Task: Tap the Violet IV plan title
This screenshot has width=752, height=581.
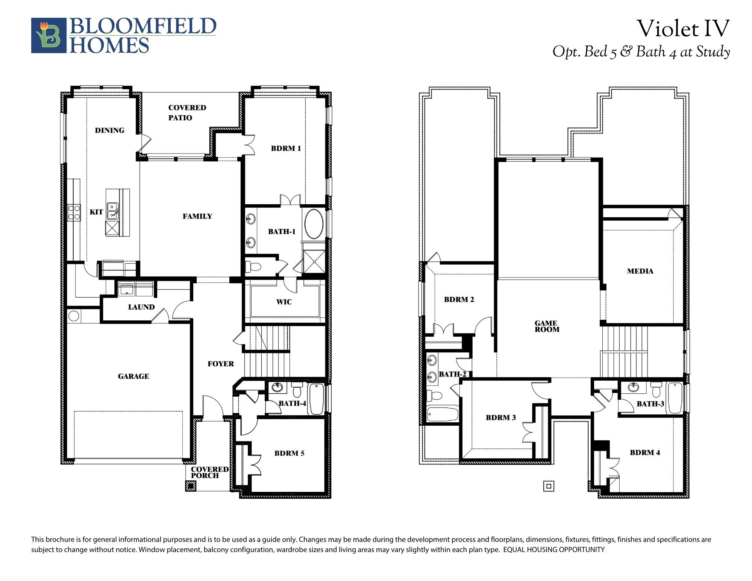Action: pos(683,29)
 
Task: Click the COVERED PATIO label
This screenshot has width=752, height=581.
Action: pos(187,112)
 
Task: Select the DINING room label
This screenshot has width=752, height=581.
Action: pos(109,130)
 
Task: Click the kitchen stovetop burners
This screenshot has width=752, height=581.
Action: pos(74,212)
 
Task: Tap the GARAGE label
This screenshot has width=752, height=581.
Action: pos(133,376)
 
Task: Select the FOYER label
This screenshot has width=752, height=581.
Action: pos(221,364)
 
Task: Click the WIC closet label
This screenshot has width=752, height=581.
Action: pos(284,302)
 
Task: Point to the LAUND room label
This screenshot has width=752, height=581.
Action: pos(141,307)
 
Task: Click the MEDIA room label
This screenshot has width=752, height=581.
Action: pos(640,271)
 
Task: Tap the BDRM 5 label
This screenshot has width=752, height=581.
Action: pos(289,453)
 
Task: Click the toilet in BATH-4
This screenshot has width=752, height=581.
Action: pos(297,390)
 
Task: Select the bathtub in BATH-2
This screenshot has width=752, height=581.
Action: pos(443,414)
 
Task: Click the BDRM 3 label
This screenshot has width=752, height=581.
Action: pos(500,417)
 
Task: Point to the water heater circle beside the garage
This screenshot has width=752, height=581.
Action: pos(74,316)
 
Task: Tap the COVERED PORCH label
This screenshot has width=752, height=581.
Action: pos(210,472)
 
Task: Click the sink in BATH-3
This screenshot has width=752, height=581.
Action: pos(634,387)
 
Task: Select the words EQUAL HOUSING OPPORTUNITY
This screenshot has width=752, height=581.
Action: pos(554,549)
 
